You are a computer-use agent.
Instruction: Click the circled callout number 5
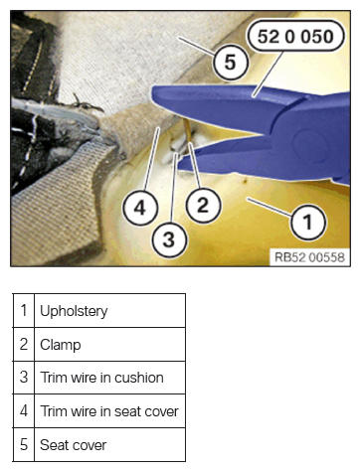click(231, 63)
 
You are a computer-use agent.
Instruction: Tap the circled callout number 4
click(140, 208)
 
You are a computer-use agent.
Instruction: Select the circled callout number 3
click(169, 239)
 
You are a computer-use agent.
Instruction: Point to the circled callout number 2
click(203, 205)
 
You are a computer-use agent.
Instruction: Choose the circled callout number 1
click(308, 222)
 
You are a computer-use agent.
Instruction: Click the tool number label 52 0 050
click(295, 36)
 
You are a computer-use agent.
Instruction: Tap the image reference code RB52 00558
click(309, 257)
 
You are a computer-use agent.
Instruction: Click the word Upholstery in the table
click(74, 311)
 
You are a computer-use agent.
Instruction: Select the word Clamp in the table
click(61, 345)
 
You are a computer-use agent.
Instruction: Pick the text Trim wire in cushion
click(101, 378)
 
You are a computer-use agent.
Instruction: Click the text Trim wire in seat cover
click(109, 411)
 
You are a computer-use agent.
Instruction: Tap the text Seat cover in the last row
click(74, 445)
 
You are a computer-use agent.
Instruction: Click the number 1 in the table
click(24, 311)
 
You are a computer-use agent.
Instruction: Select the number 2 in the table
click(24, 344)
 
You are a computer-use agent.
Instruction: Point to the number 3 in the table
click(24, 378)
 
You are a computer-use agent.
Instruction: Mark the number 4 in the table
click(24, 411)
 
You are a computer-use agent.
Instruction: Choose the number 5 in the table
click(24, 444)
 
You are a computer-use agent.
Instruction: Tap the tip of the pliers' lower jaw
click(178, 165)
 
